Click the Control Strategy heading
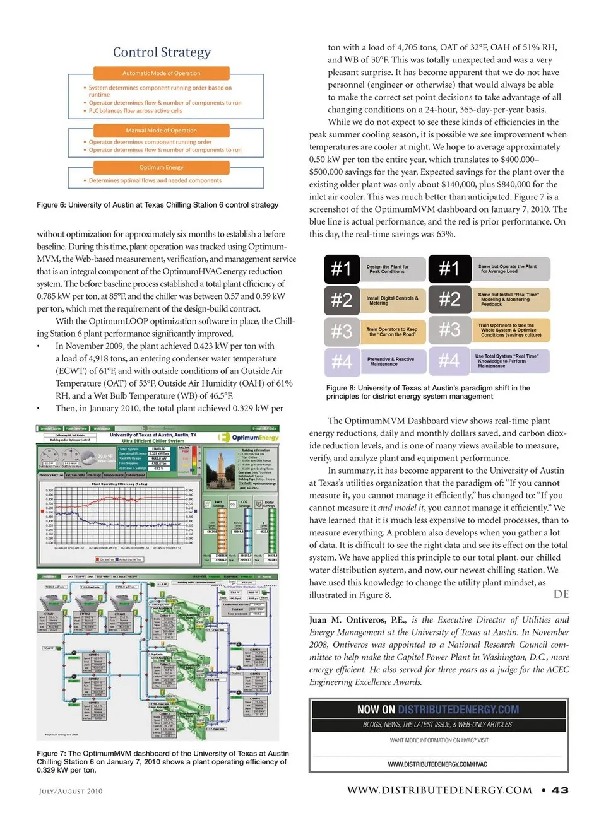[162, 52]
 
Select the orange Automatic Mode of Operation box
[161, 73]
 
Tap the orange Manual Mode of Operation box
[161, 131]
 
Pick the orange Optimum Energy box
[161, 167]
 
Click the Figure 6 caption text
[157, 205]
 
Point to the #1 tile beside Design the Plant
[342, 269]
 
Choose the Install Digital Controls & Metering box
[392, 300]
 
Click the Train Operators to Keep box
[392, 331]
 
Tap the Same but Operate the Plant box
[510, 269]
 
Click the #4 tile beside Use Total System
[449, 361]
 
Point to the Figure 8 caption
[428, 392]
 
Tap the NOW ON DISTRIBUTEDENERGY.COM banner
[438, 710]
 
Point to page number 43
[559, 790]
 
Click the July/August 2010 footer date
[71, 791]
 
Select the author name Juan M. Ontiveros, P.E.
[357, 620]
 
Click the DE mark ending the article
[561, 594]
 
